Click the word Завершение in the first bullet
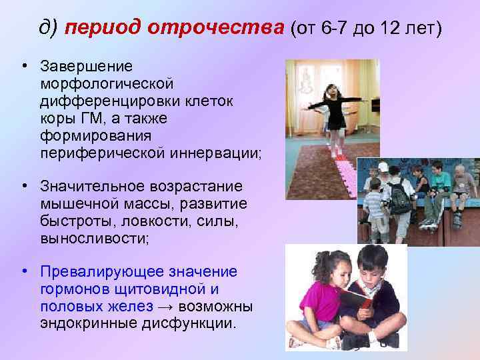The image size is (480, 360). click(86, 67)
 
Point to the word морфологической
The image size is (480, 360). click(107, 84)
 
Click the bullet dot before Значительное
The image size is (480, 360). click(24, 185)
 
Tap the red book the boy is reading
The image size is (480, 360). click(356, 299)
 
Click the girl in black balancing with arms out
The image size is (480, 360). click(333, 113)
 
